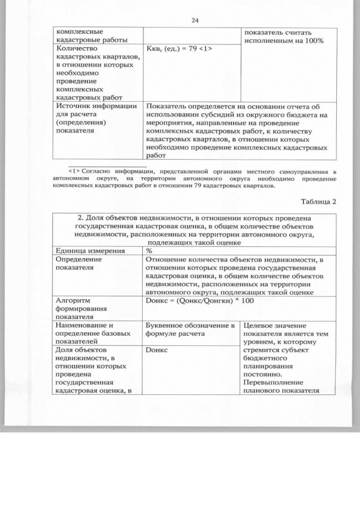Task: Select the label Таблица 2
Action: coord(318,202)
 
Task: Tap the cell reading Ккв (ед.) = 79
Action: coord(178,49)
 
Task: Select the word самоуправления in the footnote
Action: coord(307,170)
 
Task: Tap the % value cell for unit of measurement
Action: coord(149,250)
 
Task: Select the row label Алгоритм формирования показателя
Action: coord(79,309)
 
